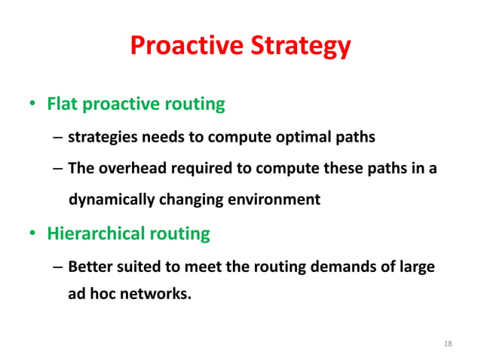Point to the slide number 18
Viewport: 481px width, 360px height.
[449, 343]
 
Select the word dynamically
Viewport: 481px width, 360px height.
[109, 200]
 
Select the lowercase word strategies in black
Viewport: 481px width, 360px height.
[103, 137]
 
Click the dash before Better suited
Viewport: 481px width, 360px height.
[58, 266]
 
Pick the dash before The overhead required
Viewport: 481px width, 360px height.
[58, 168]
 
